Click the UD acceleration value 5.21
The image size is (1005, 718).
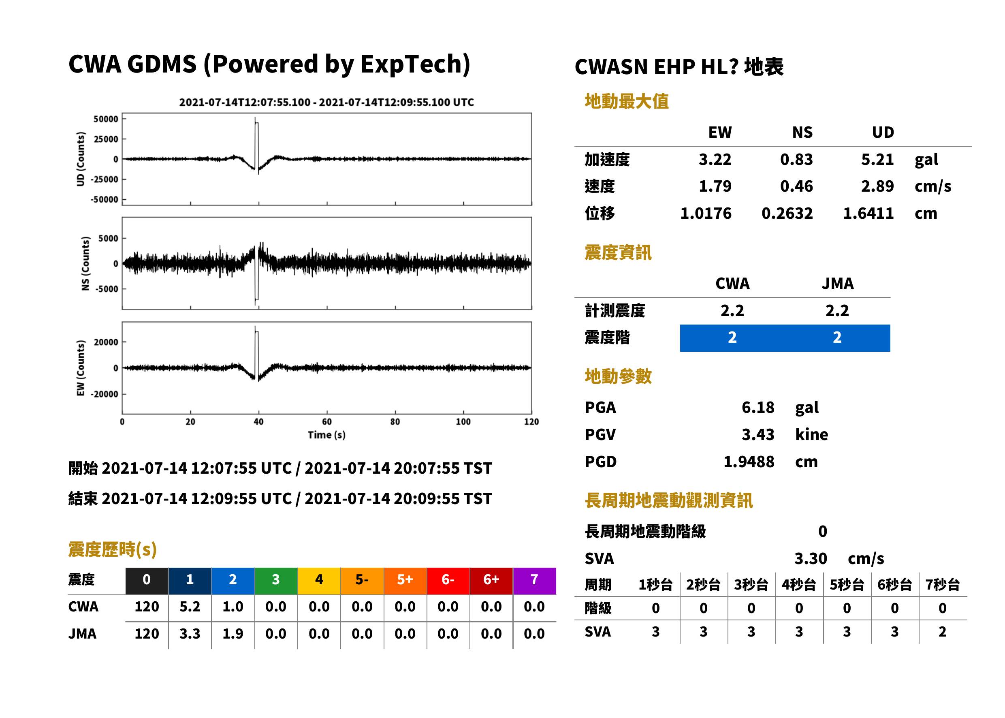877,160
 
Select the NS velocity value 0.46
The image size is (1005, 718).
796,186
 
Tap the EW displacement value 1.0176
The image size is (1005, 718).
705,214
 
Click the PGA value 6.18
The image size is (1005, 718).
757,408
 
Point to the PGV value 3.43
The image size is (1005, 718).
757,435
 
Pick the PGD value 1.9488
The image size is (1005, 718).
749,462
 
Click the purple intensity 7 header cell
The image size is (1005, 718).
534,581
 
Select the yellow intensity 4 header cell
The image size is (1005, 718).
319,581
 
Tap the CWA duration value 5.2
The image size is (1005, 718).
190,607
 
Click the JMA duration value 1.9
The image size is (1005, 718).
233,634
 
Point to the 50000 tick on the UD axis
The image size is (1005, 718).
106,119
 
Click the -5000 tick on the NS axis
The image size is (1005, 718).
108,289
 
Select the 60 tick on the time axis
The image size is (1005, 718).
326,422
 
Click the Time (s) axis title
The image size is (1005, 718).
326,435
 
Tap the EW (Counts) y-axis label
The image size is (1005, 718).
81,368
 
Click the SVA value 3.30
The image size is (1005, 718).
811,559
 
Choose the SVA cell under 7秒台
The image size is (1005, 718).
943,632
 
